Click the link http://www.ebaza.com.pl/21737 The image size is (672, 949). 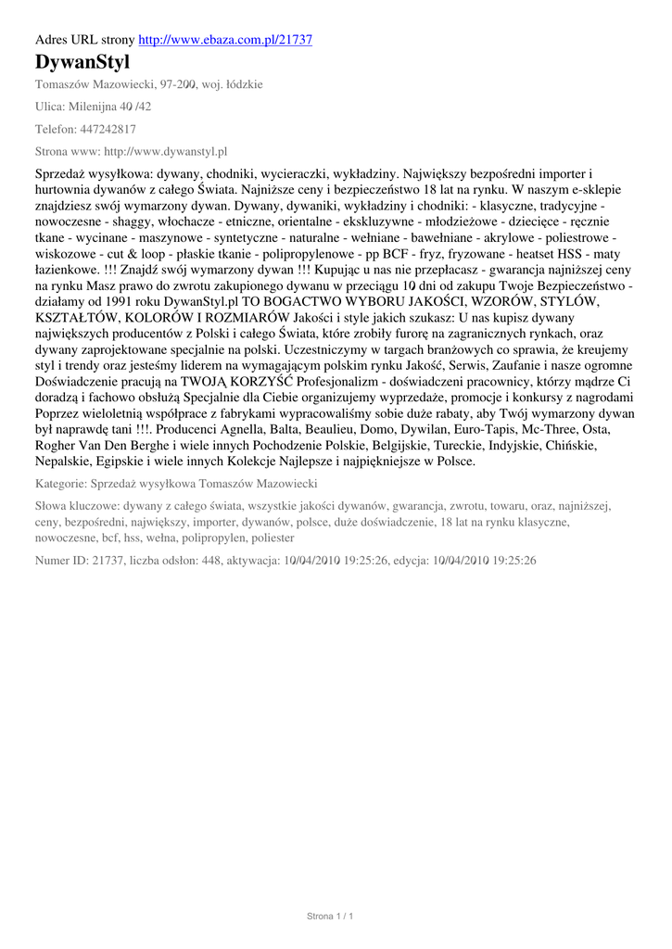tap(225, 40)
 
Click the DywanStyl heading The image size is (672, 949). tap(82, 63)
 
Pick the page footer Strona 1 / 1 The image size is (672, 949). tap(331, 917)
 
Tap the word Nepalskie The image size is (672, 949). tap(69, 461)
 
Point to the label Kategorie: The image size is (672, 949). tap(61, 485)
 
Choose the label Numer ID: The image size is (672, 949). tap(61, 561)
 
